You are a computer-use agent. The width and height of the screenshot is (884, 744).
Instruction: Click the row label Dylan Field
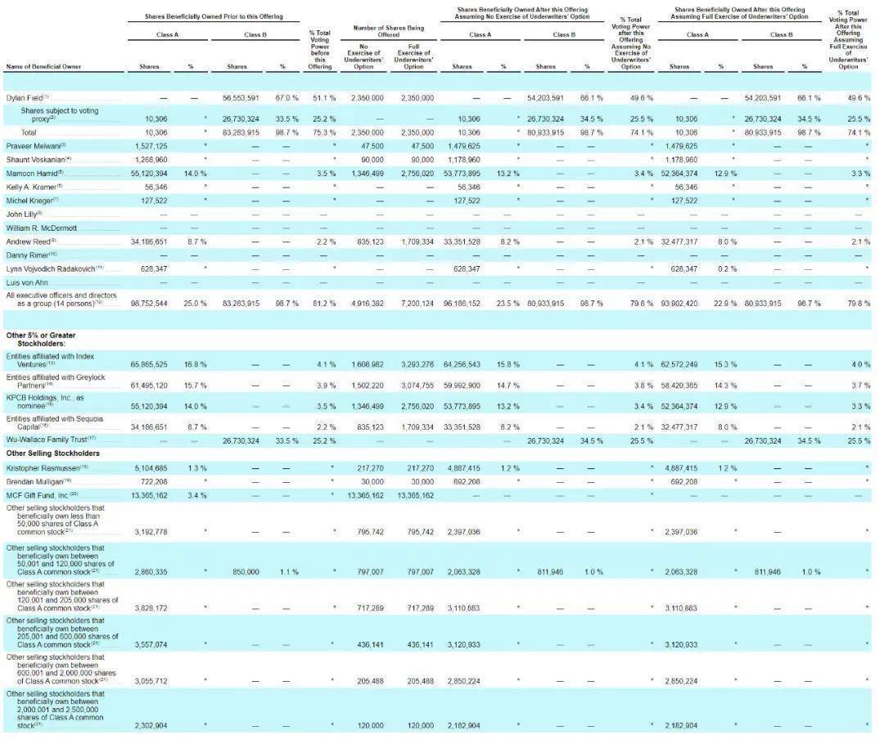tap(25, 97)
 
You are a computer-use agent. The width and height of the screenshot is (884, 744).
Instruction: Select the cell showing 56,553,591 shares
tap(241, 97)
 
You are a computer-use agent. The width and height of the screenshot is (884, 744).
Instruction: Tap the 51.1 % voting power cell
tap(320, 97)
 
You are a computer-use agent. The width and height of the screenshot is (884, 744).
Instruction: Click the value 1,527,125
tap(149, 145)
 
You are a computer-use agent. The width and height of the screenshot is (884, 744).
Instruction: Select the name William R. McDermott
tap(41, 228)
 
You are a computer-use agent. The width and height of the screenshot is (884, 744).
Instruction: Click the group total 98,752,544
tap(149, 303)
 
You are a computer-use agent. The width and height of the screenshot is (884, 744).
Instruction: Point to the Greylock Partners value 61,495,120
tap(149, 385)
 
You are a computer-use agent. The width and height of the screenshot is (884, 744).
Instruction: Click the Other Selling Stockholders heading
tap(46, 453)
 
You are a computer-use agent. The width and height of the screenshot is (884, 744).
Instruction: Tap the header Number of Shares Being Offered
tap(388, 31)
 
